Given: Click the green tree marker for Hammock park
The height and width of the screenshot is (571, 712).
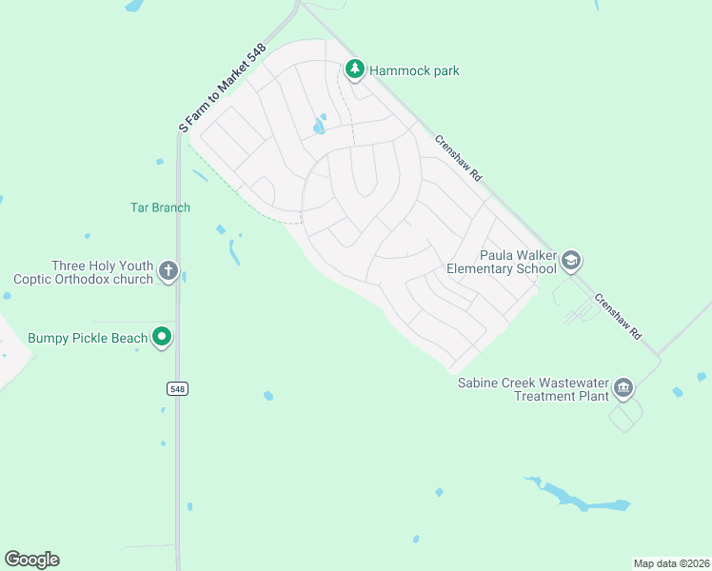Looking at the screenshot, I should [355, 69].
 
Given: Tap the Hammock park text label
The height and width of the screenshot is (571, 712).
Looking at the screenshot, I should [414, 70].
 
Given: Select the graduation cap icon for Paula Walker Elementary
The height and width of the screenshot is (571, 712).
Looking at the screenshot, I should [570, 260].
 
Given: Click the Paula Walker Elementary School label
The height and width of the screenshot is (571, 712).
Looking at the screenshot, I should [517, 262].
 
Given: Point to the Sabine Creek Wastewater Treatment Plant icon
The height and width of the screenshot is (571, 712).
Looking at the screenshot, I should [623, 387].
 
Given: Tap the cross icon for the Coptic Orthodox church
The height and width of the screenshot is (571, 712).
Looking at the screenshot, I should [168, 272].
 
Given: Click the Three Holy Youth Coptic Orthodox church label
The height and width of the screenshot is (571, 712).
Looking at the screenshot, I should [84, 273].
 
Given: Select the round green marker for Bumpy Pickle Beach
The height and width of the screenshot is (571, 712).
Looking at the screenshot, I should [163, 337].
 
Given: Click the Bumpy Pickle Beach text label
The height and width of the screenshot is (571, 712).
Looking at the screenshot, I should [88, 338].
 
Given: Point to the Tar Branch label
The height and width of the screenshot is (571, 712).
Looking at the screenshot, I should [160, 207].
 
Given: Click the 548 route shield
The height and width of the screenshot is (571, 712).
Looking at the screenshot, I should [177, 388].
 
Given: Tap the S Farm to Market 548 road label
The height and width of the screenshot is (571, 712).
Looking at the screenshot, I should [222, 87].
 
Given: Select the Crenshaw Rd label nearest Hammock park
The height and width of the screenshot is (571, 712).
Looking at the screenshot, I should [459, 158].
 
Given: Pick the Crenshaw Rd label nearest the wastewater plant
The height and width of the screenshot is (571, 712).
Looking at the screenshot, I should [619, 317].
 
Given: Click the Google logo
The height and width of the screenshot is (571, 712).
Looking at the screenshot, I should [31, 559].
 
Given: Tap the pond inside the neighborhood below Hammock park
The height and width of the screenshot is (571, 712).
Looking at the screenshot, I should [320, 126].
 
